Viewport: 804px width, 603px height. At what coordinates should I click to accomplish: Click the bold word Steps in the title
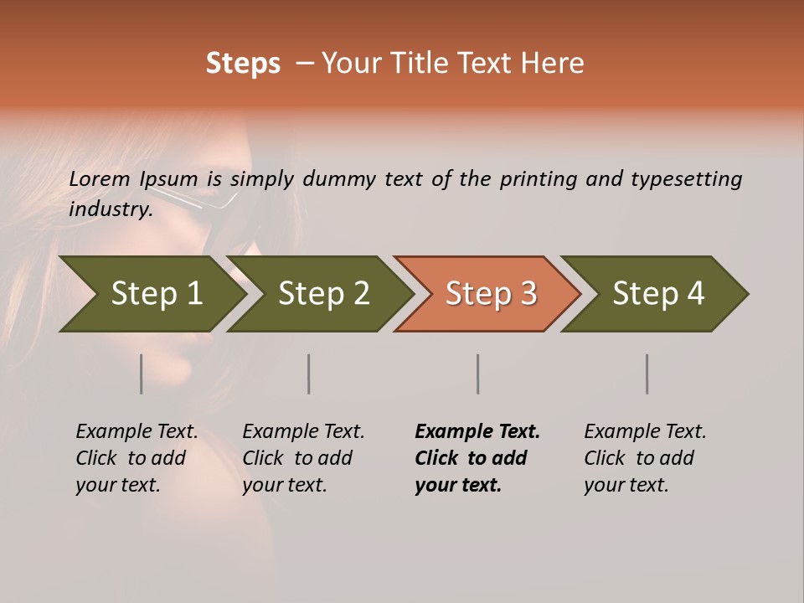[x=243, y=64]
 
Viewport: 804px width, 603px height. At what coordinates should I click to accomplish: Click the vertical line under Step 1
[x=142, y=374]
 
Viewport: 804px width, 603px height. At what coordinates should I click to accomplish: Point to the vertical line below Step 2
[x=309, y=374]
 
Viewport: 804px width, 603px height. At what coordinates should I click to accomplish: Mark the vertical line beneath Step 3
[x=478, y=374]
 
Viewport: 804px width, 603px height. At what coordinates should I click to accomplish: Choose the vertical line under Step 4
[x=647, y=374]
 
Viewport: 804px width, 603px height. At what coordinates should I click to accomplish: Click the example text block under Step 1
[x=137, y=458]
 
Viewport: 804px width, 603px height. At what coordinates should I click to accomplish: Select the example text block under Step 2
[x=303, y=458]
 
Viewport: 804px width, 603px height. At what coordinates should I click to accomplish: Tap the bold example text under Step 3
[x=477, y=458]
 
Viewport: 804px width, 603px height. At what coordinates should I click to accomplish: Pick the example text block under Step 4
[x=645, y=458]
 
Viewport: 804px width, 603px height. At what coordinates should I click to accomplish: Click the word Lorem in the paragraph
[x=100, y=179]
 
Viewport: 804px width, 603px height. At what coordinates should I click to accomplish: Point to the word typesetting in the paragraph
[x=686, y=179]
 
